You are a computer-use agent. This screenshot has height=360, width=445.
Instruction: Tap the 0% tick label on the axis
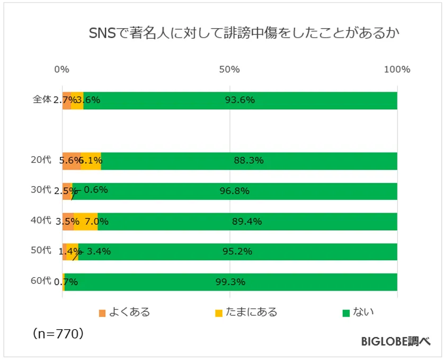pyautogui.click(x=62, y=69)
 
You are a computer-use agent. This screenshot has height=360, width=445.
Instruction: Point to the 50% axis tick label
pyautogui.click(x=229, y=69)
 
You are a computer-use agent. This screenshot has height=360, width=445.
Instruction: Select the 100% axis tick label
pyautogui.click(x=396, y=69)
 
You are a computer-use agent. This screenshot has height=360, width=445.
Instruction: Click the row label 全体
pyautogui.click(x=42, y=99)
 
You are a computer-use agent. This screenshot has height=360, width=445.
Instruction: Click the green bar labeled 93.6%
pyautogui.click(x=240, y=100)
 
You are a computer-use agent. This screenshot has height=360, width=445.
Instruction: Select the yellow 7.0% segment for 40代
pyautogui.click(x=86, y=222)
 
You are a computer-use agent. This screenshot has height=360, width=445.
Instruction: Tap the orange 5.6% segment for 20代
pyautogui.click(x=71, y=161)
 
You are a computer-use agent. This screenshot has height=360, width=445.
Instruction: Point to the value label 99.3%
pyautogui.click(x=230, y=282)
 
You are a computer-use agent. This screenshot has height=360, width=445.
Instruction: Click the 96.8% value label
pyautogui.click(x=235, y=191)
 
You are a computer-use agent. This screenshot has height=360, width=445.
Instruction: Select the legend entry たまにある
pyautogui.click(x=253, y=312)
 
